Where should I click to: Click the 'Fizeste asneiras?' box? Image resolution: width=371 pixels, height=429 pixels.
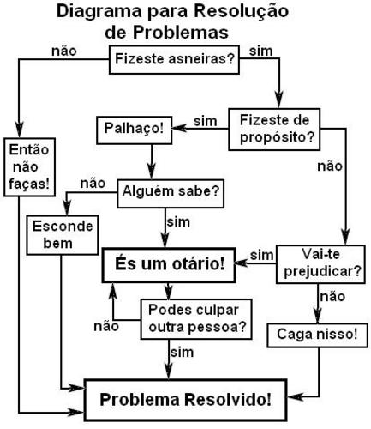click(x=174, y=60)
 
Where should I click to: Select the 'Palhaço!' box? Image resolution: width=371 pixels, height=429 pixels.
click(x=135, y=130)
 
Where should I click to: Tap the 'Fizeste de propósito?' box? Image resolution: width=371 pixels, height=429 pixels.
click(x=274, y=130)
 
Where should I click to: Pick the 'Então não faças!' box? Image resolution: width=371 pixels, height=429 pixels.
click(x=29, y=167)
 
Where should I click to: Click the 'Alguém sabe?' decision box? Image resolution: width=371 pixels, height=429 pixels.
click(x=171, y=193)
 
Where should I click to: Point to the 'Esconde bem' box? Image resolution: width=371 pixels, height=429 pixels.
click(x=63, y=235)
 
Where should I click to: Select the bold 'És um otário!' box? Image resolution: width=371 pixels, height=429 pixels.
click(x=169, y=265)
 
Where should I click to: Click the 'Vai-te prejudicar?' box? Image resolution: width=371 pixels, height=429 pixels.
click(x=320, y=264)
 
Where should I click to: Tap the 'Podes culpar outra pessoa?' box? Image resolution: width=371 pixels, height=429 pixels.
click(x=196, y=319)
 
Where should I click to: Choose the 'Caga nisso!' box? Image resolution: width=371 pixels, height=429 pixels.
click(x=317, y=335)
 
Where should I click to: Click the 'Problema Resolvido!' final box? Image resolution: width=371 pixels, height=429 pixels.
click(x=185, y=400)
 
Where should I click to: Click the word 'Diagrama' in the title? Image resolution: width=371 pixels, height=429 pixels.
click(x=99, y=12)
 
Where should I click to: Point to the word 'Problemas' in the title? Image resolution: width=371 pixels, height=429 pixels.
click(x=181, y=33)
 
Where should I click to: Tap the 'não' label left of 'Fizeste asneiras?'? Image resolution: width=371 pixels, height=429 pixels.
click(x=64, y=51)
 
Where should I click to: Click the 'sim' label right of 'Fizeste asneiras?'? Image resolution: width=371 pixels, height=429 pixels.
click(x=260, y=51)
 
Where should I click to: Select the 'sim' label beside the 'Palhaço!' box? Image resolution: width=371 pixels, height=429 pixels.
click(x=206, y=121)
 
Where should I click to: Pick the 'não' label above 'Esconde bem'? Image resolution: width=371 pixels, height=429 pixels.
click(x=93, y=184)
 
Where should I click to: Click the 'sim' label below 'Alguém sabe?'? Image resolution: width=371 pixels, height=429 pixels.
click(x=178, y=222)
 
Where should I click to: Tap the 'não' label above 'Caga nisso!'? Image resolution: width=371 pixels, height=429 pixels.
click(x=332, y=296)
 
